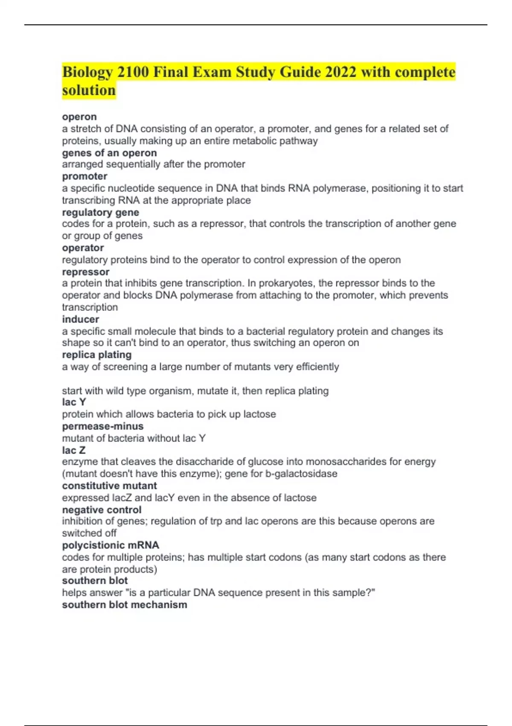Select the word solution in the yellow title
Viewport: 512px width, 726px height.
click(89, 91)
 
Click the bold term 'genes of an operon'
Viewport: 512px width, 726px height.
click(109, 153)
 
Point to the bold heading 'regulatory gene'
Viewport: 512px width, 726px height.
click(100, 212)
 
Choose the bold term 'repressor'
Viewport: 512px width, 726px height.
click(86, 272)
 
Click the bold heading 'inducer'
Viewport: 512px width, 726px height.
click(80, 319)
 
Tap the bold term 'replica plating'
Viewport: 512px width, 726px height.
click(96, 354)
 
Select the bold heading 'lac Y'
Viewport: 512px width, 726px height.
click(74, 402)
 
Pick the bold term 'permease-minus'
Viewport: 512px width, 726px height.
click(102, 426)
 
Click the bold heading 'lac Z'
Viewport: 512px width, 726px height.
click(73, 450)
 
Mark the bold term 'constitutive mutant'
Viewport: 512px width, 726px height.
click(109, 486)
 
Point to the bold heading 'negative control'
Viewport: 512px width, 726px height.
click(102, 509)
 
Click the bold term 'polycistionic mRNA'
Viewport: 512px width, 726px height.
click(111, 545)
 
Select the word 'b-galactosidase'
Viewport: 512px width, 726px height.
click(301, 474)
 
